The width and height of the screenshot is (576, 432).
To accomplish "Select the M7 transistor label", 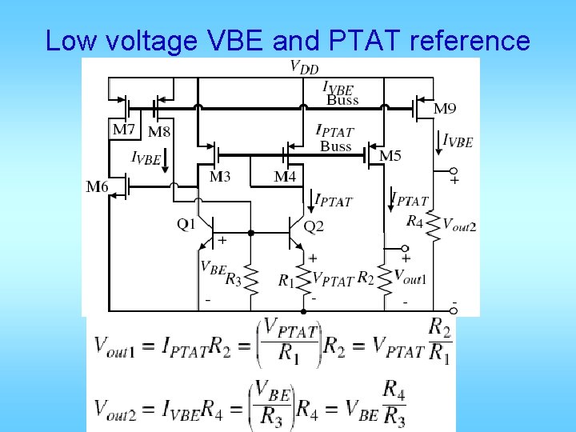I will pyautogui.click(x=124, y=129).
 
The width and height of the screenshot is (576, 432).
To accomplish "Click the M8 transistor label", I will pyautogui.click(x=159, y=131).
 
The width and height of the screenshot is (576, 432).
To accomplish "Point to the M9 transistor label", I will pyautogui.click(x=446, y=108).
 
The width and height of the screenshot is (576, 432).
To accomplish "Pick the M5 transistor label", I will pyautogui.click(x=390, y=155).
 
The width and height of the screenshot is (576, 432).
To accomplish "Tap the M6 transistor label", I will pyautogui.click(x=99, y=187).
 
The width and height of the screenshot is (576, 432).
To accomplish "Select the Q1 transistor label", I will pyautogui.click(x=186, y=225).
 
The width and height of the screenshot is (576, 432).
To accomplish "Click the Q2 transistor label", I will pyautogui.click(x=314, y=226).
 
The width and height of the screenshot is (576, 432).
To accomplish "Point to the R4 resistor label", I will pyautogui.click(x=414, y=220).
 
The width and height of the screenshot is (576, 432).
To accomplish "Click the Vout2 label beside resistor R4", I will pyautogui.click(x=459, y=226).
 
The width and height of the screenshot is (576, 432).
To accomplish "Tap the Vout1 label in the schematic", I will pyautogui.click(x=410, y=277).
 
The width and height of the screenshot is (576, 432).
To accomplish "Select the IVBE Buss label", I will pyautogui.click(x=342, y=93).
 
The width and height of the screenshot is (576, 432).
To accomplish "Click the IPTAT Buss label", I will pyautogui.click(x=335, y=138).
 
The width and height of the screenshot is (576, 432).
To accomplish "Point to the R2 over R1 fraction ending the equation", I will pyautogui.click(x=439, y=342).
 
